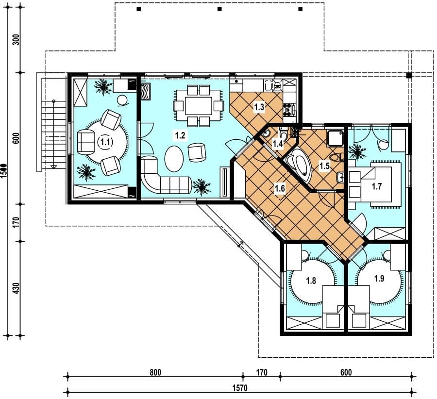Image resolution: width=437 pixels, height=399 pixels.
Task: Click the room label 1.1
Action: (x=105, y=142)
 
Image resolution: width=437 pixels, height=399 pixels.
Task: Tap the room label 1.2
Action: (x=180, y=135)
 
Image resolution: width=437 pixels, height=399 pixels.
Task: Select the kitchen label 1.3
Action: (x=259, y=107)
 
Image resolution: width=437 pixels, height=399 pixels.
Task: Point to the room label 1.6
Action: (x=280, y=188)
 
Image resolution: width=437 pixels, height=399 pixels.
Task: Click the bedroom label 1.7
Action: (x=376, y=186)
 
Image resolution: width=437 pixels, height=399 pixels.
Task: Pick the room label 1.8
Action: (x=311, y=280)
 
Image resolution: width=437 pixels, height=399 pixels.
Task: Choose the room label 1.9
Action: (x=379, y=278)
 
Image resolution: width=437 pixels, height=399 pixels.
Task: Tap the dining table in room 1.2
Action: (x=198, y=105)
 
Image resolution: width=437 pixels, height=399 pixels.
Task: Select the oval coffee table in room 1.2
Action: (x=174, y=159)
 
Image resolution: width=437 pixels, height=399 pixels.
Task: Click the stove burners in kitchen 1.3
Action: (x=287, y=109)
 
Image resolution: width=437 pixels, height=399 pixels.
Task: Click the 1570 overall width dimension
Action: (x=240, y=388)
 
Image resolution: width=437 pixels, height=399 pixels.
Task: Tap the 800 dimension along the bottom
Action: (x=155, y=372)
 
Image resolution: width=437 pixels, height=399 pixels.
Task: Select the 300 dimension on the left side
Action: (x=16, y=39)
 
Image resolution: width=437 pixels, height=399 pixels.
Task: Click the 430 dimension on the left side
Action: (x=16, y=288)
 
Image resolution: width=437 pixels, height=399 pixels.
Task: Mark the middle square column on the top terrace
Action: (x=219, y=9)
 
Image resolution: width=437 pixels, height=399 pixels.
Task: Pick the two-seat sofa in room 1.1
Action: (x=85, y=142)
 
